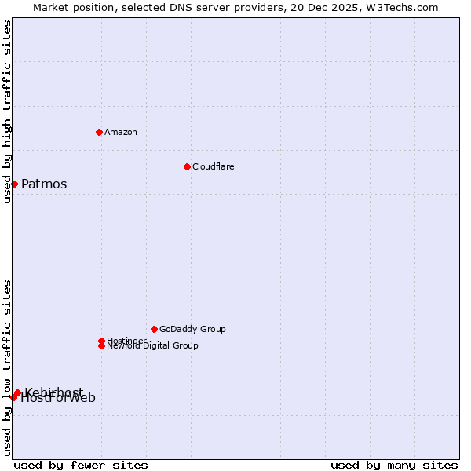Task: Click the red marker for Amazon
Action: pos(99,132)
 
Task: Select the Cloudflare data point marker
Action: pos(187,166)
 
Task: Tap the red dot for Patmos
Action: pos(14,184)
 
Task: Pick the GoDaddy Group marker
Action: pos(154,329)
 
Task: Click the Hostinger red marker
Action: pos(101,341)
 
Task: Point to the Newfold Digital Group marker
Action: pos(101,346)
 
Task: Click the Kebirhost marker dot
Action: pos(17,392)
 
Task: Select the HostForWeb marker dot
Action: pos(13,397)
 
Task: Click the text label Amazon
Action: pos(120,132)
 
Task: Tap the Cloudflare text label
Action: pos(213,166)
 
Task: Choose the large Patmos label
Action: pos(44,184)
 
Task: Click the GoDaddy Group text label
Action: pos(192,329)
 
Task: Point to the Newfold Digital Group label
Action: pos(152,346)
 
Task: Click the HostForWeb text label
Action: pos(58,399)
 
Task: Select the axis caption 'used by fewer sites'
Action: pos(81,465)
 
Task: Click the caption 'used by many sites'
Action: pos(394,465)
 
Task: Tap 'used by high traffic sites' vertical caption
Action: pos(7,111)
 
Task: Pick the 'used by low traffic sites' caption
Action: pos(7,367)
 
